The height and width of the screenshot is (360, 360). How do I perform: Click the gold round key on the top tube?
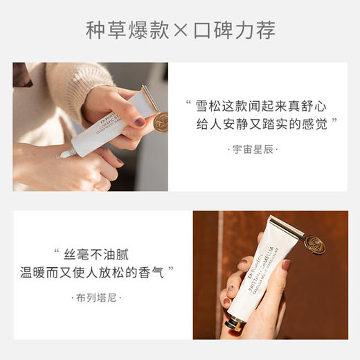[x=161, y=122]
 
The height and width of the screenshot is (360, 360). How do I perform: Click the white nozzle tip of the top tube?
[x=64, y=154]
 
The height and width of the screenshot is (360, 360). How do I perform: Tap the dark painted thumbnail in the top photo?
[x=140, y=122]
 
